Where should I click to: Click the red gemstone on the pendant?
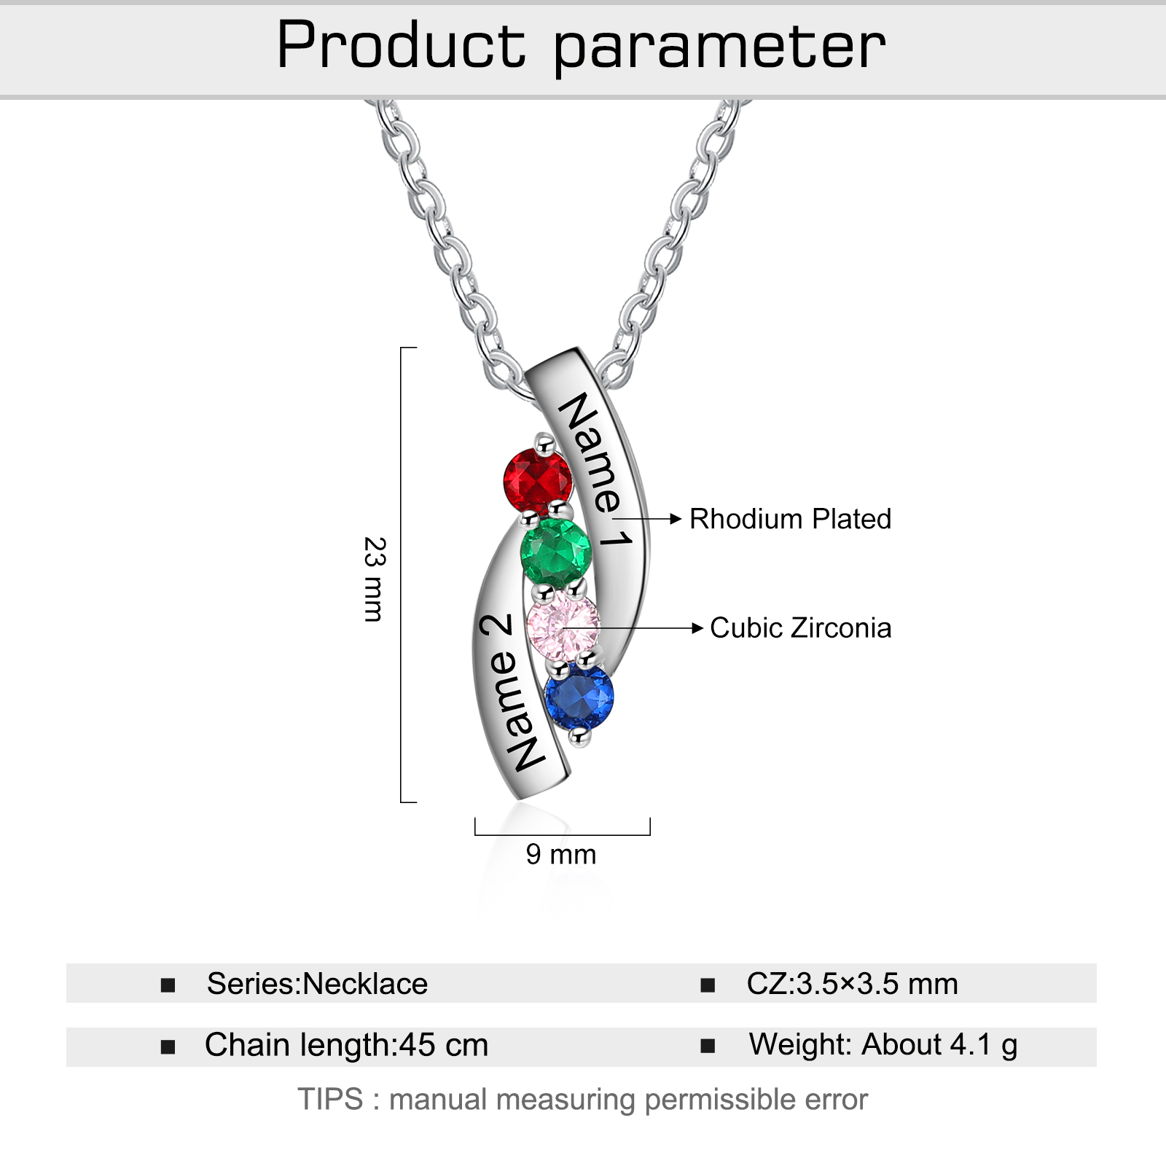pyautogui.click(x=538, y=481)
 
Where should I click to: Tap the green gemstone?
pyautogui.click(x=556, y=553)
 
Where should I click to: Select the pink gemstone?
pyautogui.click(x=563, y=626)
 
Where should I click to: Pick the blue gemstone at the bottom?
pyautogui.click(x=579, y=696)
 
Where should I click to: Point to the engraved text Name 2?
pyautogui.click(x=510, y=692)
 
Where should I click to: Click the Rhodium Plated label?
pyautogui.click(x=791, y=519)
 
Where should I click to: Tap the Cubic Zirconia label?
pyautogui.click(x=801, y=628)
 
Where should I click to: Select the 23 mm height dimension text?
pyautogui.click(x=375, y=579)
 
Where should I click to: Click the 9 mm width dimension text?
pyautogui.click(x=561, y=854)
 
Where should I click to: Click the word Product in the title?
pyautogui.click(x=401, y=45)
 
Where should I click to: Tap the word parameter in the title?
pyautogui.click(x=720, y=50)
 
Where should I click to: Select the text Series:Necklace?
pyautogui.click(x=318, y=984)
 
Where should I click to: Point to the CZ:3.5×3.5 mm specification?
pyautogui.click(x=852, y=984)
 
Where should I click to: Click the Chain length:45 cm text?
pyautogui.click(x=347, y=1045)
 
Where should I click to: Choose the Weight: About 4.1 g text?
pyautogui.click(x=883, y=1045)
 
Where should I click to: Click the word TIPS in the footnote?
pyautogui.click(x=330, y=1099)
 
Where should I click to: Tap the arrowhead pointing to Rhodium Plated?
pyautogui.click(x=676, y=519)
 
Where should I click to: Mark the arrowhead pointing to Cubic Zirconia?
pyautogui.click(x=697, y=628)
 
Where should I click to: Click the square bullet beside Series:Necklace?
pyautogui.click(x=168, y=985)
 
